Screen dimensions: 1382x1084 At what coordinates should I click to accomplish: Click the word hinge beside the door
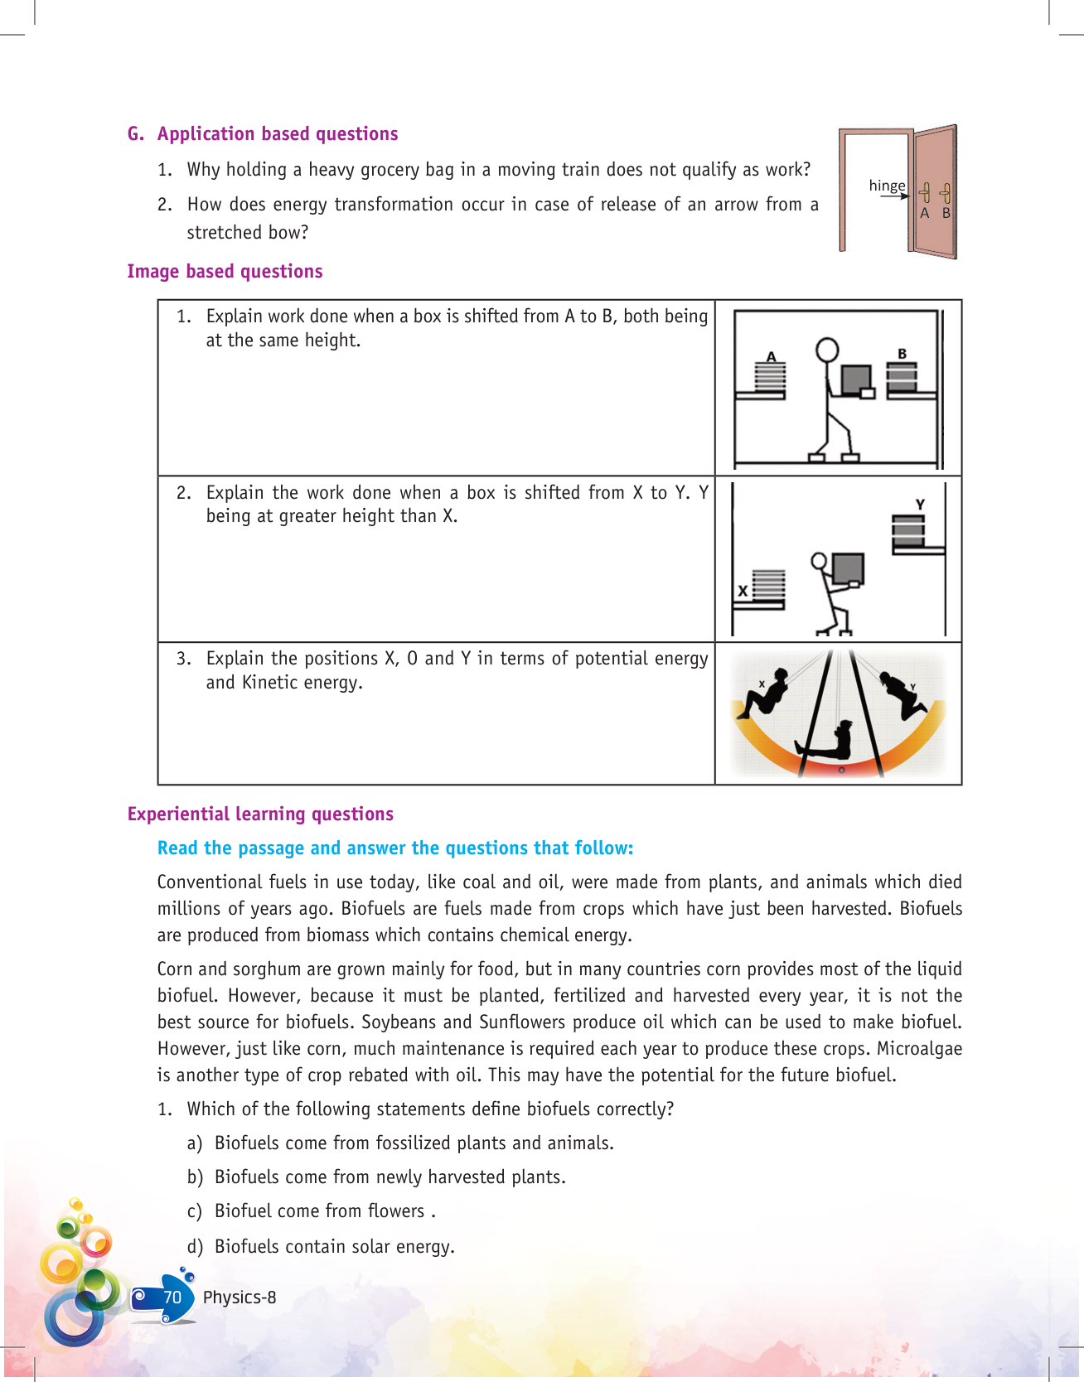[x=887, y=186]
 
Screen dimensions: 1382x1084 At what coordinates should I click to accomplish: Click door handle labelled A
[x=925, y=194]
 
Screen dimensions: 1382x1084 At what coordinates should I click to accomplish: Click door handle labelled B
[x=945, y=194]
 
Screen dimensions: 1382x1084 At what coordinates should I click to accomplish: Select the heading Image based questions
[x=225, y=272]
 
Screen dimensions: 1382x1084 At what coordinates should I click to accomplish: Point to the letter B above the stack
[x=903, y=354]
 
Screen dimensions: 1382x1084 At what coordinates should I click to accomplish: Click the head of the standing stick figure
[x=826, y=350]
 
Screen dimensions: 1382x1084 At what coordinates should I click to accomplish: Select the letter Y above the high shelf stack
[x=920, y=504]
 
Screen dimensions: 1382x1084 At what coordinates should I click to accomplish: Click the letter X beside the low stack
[x=743, y=591]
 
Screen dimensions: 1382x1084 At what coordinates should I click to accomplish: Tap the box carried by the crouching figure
[x=848, y=568]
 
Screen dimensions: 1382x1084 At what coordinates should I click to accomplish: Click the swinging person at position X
[x=766, y=693]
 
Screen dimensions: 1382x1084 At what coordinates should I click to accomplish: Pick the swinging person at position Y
[x=906, y=694]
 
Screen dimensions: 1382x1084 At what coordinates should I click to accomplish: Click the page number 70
[x=172, y=1297]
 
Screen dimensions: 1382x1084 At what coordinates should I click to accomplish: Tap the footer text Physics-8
[x=240, y=1297]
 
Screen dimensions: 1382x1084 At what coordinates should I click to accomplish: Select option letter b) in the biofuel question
[x=195, y=1177]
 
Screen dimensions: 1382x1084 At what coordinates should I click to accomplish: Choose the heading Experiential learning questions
[x=260, y=814]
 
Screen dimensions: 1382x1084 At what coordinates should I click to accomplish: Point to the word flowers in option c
[x=396, y=1211]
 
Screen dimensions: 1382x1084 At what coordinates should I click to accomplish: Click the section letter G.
[x=135, y=134]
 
